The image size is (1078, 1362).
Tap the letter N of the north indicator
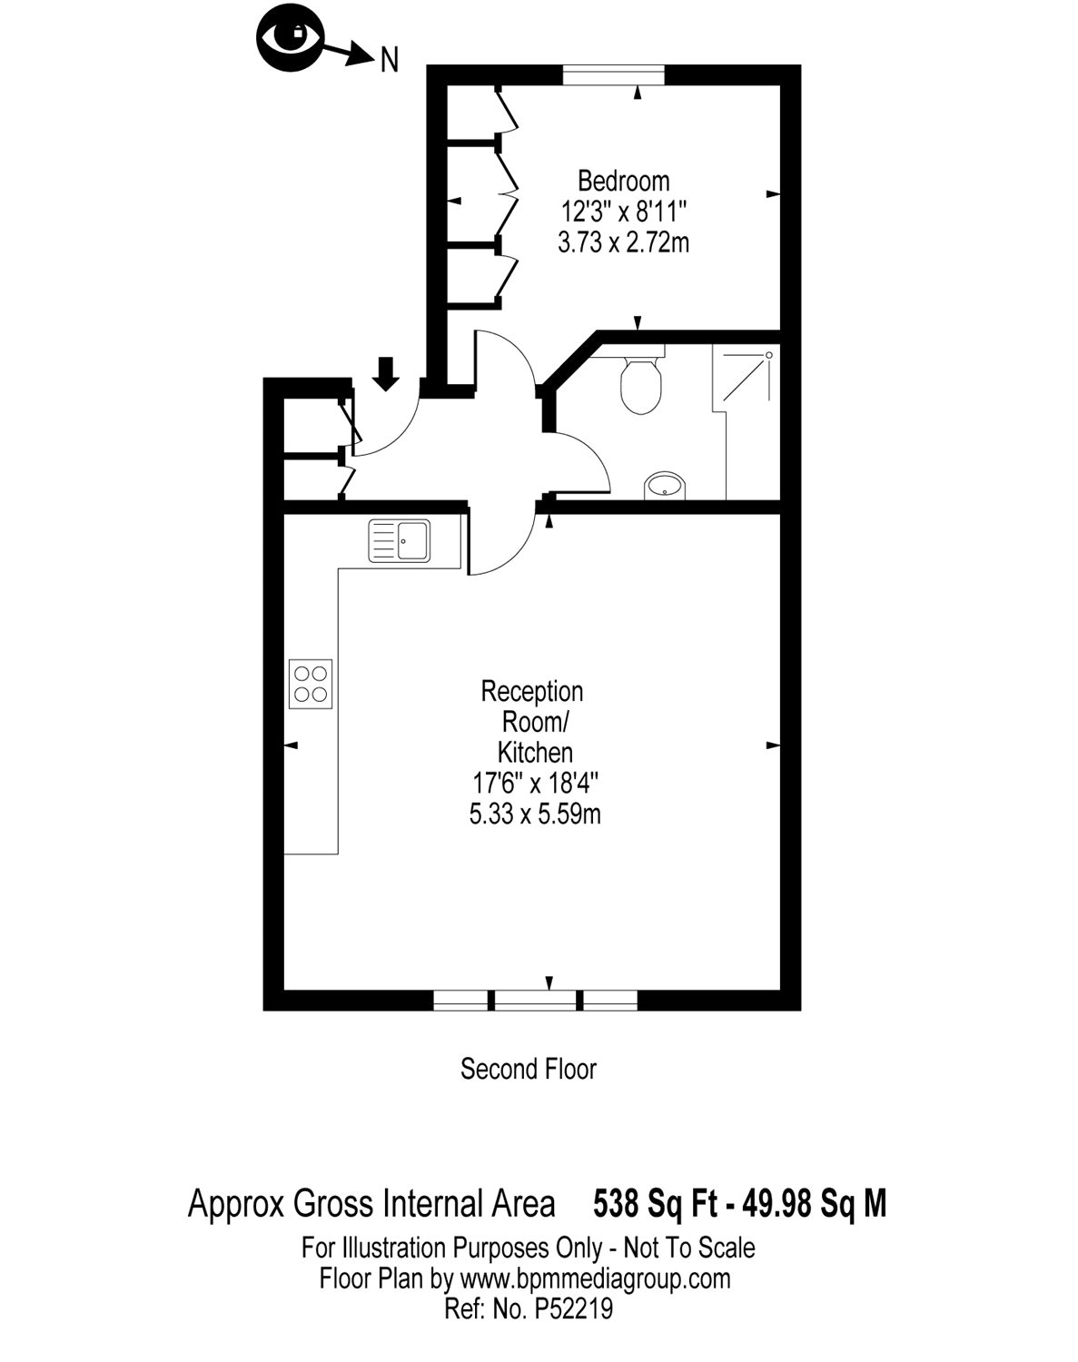point(390,61)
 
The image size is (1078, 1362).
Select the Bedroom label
point(624,182)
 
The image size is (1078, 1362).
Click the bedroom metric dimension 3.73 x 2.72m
point(624,242)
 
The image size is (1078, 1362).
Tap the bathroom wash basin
point(664,486)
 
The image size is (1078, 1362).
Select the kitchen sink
point(399,540)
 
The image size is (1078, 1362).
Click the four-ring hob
point(311,684)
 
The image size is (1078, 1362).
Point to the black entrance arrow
point(385,373)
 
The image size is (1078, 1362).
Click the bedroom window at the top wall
point(613,74)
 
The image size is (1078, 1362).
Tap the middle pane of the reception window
point(535,1001)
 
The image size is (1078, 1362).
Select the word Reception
point(531,692)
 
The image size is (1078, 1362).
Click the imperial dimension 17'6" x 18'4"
point(535,785)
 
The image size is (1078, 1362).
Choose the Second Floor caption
point(529,1069)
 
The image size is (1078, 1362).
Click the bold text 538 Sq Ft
point(655,1203)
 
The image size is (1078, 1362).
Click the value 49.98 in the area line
point(776,1203)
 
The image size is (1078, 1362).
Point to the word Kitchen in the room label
point(536,753)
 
